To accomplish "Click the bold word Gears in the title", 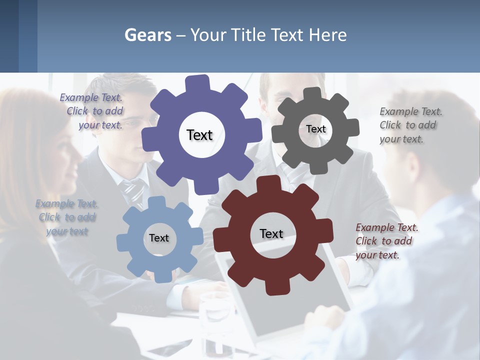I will (x=147, y=35).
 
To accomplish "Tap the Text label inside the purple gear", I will (x=199, y=135).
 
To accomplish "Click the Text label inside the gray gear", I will (x=315, y=129).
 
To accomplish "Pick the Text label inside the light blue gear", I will (x=159, y=238).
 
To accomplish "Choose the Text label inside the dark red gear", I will (x=271, y=233).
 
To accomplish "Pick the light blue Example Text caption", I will (x=67, y=217).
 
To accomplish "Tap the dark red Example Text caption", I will (x=386, y=241).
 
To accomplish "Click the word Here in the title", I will (x=328, y=35).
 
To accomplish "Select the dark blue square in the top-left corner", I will (x=9, y=36).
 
